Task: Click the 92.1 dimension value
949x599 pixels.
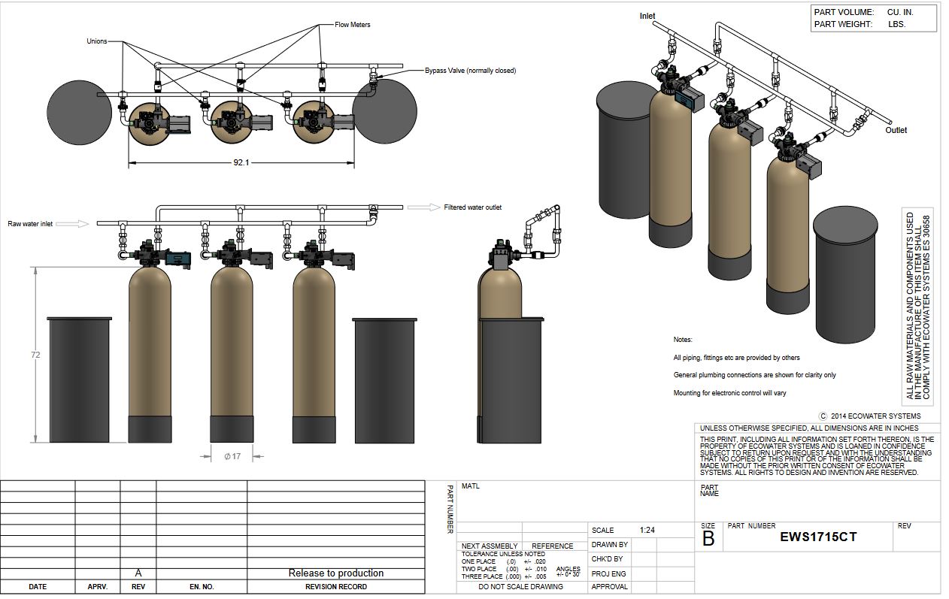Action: (241, 162)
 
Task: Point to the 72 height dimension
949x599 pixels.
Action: (35, 355)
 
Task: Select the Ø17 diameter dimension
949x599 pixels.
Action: (232, 456)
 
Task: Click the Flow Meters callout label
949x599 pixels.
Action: (353, 25)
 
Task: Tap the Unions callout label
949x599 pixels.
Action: (96, 41)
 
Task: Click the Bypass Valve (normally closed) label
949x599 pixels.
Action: (471, 71)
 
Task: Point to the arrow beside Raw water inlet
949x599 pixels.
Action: (72, 224)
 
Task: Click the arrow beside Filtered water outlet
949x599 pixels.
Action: (424, 207)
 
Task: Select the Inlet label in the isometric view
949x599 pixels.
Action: (647, 16)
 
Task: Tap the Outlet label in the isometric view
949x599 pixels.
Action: (896, 130)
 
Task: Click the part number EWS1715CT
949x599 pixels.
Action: (818, 537)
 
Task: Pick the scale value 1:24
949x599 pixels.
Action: (647, 530)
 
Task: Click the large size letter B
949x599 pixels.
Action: (708, 539)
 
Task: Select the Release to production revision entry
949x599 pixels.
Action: (336, 573)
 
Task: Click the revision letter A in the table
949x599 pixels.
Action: (138, 573)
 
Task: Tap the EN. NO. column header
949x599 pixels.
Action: (202, 587)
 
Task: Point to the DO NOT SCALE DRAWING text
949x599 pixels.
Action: (520, 587)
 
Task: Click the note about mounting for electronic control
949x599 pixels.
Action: (729, 393)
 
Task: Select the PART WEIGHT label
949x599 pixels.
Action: (843, 24)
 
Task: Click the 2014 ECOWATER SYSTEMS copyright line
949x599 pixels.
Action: (870, 416)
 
